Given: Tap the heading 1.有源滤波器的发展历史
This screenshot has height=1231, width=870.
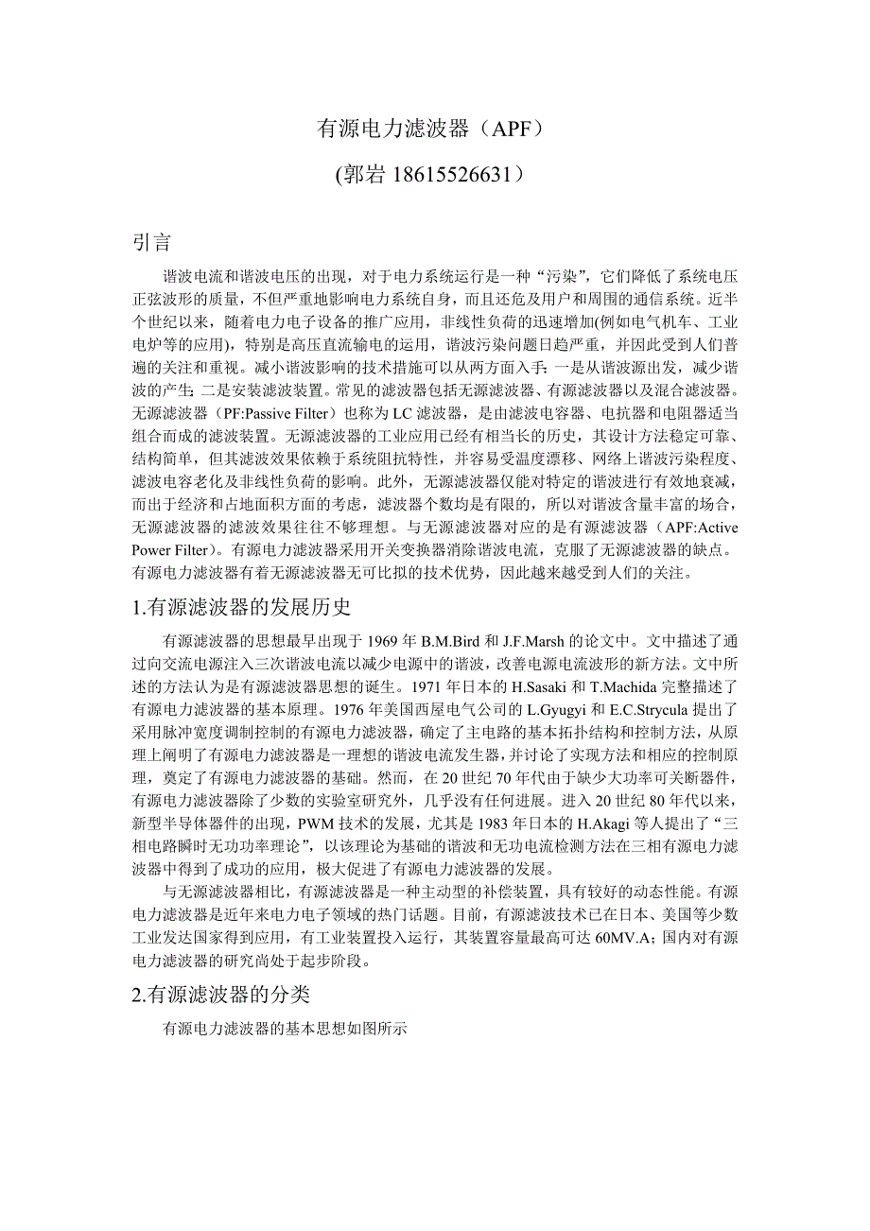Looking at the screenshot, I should pyautogui.click(x=242, y=607).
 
